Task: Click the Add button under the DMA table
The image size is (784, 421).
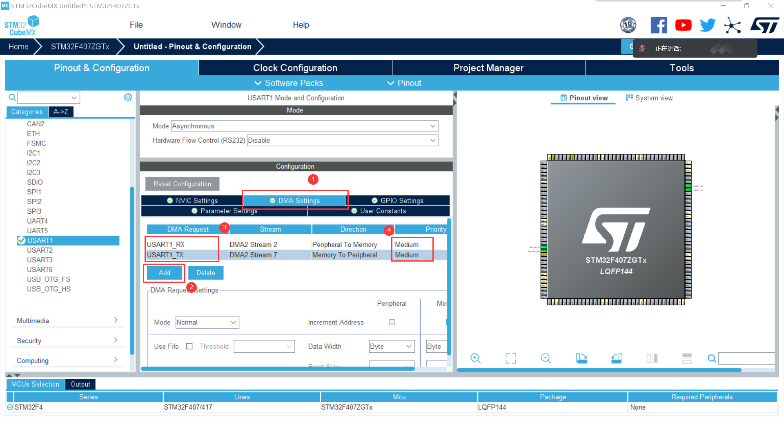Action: click(165, 273)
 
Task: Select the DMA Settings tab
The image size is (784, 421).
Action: click(295, 201)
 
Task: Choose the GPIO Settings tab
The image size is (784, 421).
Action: click(397, 201)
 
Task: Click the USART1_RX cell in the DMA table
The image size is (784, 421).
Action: click(166, 244)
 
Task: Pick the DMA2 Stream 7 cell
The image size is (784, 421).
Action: click(253, 255)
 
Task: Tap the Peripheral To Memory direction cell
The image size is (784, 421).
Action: click(344, 244)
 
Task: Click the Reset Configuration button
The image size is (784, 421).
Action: click(182, 184)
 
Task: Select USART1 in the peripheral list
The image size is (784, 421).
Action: click(40, 240)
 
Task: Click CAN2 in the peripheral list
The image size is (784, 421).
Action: click(36, 124)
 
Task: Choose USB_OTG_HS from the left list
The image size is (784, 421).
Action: click(49, 289)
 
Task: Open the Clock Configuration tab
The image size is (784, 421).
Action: click(295, 68)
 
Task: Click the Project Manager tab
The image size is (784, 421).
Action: click(488, 68)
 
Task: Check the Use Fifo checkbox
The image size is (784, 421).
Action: click(189, 346)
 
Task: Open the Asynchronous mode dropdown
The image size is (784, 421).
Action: click(304, 126)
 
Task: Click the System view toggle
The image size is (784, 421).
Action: click(649, 98)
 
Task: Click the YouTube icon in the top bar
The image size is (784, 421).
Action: click(683, 25)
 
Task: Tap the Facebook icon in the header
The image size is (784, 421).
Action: click(659, 25)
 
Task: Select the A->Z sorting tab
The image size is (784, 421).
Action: click(61, 112)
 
